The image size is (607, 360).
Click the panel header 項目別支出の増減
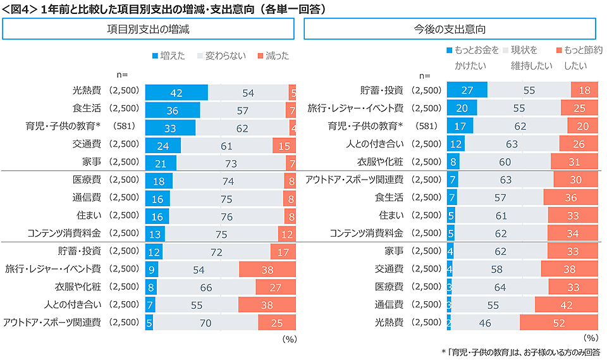pyautogui.click(x=148, y=29)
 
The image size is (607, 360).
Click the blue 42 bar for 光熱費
pyautogui.click(x=176, y=92)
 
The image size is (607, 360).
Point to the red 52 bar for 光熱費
pyautogui.click(x=559, y=323)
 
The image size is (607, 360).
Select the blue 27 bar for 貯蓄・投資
pyautogui.click(x=467, y=90)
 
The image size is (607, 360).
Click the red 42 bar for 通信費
pyautogui.click(x=567, y=305)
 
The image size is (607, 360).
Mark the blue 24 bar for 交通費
pyautogui.click(x=163, y=146)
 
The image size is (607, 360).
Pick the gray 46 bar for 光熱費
pyautogui.click(x=486, y=323)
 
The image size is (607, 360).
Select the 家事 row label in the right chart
pyautogui.click(x=392, y=251)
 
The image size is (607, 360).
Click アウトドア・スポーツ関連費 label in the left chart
pyautogui.click(x=52, y=322)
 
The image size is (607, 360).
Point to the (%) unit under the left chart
pyautogui.click(x=289, y=338)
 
